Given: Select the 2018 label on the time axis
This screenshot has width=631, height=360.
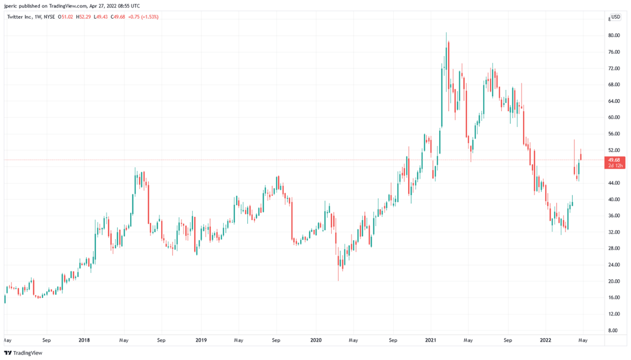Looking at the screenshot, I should pyautogui.click(x=84, y=340).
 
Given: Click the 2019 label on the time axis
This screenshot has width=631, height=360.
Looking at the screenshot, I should pyautogui.click(x=201, y=340).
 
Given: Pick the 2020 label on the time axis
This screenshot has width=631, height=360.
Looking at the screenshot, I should pyautogui.click(x=315, y=340).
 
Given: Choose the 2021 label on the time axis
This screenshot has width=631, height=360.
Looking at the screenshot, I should pyautogui.click(x=431, y=340).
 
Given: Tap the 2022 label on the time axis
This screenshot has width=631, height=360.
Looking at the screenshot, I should pyautogui.click(x=546, y=340).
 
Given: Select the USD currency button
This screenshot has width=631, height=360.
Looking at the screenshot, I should pyautogui.click(x=616, y=17).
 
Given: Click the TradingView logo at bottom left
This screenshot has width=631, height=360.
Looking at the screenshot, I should pyautogui.click(x=23, y=353).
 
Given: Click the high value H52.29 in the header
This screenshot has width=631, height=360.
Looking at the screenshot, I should pyautogui.click(x=83, y=17).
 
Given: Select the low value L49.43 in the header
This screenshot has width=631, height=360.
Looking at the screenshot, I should pyautogui.click(x=102, y=17).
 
